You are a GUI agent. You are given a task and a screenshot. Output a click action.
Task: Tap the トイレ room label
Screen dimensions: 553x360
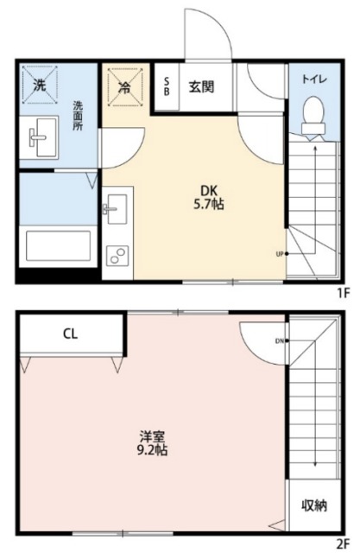[x=313, y=79]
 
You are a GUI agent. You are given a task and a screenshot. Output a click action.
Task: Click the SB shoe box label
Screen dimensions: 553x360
[x=167, y=86]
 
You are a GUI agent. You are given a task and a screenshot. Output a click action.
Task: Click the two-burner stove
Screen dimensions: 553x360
[x=116, y=257]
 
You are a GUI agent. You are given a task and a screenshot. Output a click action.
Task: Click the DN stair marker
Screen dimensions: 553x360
[x=281, y=340]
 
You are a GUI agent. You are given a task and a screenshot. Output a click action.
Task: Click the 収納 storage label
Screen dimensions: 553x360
[x=313, y=505]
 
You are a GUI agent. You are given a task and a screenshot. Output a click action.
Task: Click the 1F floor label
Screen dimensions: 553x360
[x=344, y=293]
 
